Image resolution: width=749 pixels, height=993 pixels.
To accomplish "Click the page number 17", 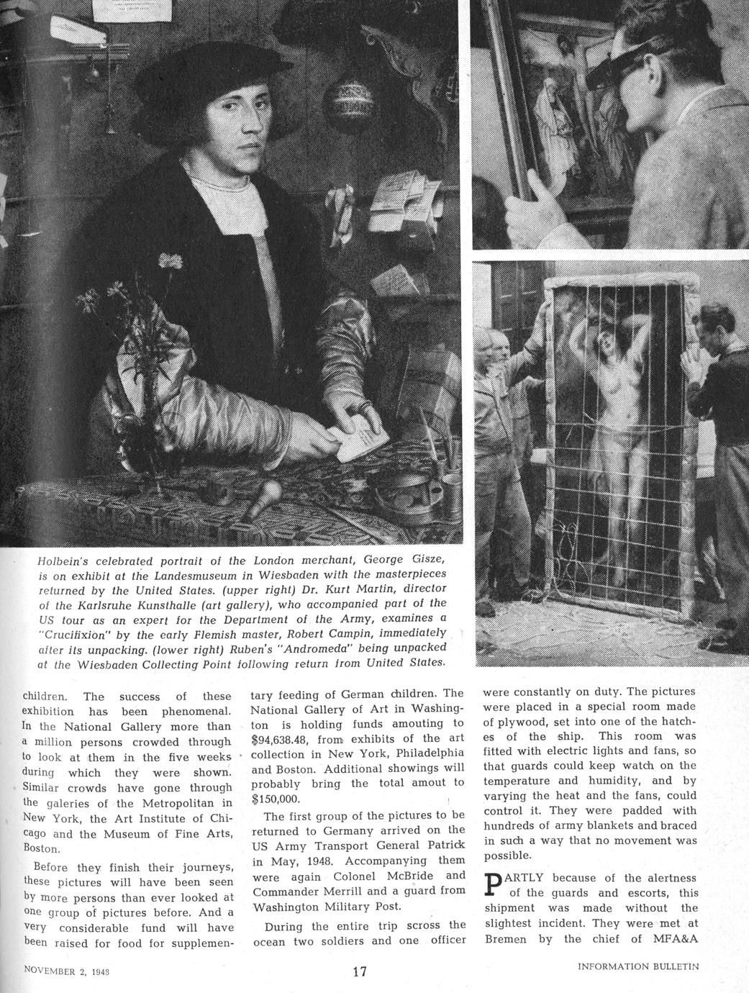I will pyautogui.click(x=360, y=972).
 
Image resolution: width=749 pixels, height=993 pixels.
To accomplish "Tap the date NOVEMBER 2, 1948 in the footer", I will pyautogui.click(x=71, y=969).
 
